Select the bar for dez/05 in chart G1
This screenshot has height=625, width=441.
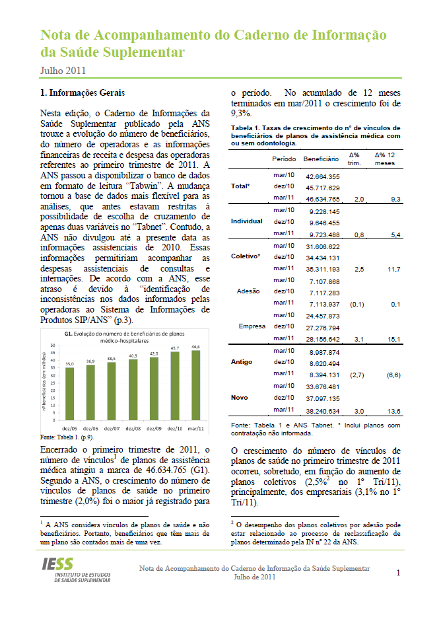click(x=69, y=389)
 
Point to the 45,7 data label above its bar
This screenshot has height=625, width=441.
click(x=176, y=348)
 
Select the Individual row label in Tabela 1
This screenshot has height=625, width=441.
click(x=247, y=221)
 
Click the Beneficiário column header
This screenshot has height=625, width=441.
click(x=321, y=160)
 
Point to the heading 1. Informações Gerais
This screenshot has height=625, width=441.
click(x=83, y=92)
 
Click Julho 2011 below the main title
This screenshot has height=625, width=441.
click(x=63, y=70)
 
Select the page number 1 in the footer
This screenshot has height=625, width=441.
click(x=398, y=573)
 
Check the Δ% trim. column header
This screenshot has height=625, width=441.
click(x=354, y=159)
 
